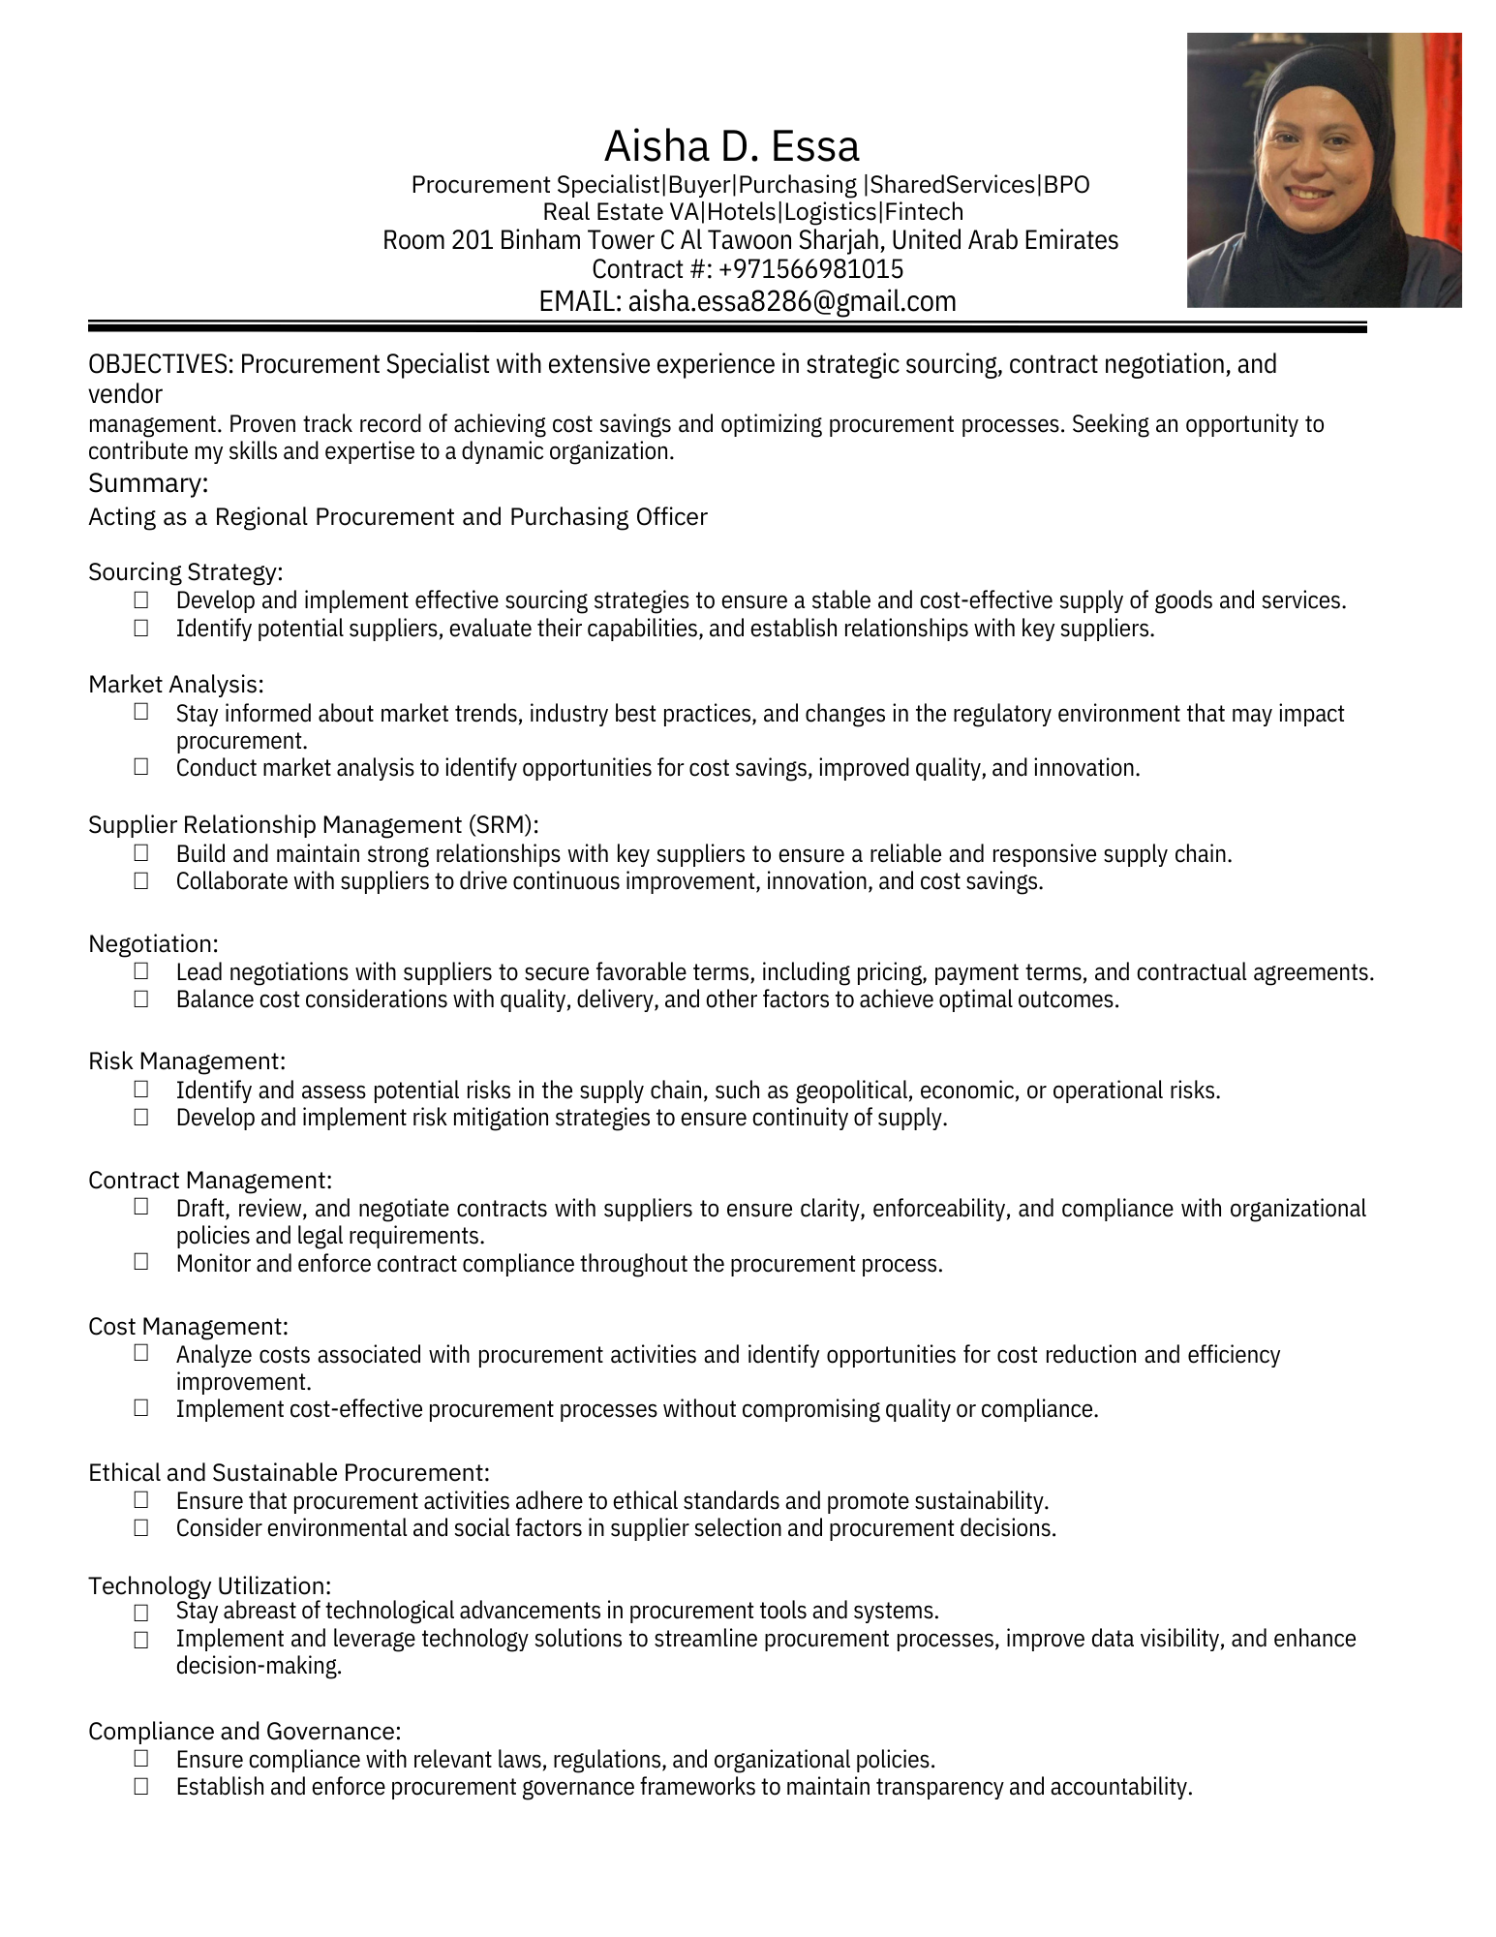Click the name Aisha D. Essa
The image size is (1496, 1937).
pos(731,146)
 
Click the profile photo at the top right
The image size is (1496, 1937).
pos(1324,170)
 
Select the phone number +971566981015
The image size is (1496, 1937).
pos(811,269)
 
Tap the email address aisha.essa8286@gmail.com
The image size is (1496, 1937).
pos(792,302)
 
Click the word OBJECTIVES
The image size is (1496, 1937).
pos(160,365)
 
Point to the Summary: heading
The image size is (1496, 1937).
pos(148,482)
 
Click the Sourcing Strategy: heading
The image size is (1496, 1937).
pos(185,572)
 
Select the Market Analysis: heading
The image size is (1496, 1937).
pos(175,685)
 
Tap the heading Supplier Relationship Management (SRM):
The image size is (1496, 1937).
pos(313,825)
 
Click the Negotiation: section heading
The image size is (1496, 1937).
pos(153,943)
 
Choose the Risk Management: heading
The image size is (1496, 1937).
pos(186,1061)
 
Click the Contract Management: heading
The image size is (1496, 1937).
pos(210,1180)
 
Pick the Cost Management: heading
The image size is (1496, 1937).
pos(188,1326)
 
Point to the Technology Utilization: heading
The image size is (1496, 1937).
pos(209,1585)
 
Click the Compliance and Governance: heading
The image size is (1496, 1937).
pos(244,1731)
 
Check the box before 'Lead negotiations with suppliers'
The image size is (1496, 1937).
pos(141,970)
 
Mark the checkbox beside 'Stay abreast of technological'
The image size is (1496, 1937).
pos(141,1613)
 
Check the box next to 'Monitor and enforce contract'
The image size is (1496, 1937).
pos(141,1261)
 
